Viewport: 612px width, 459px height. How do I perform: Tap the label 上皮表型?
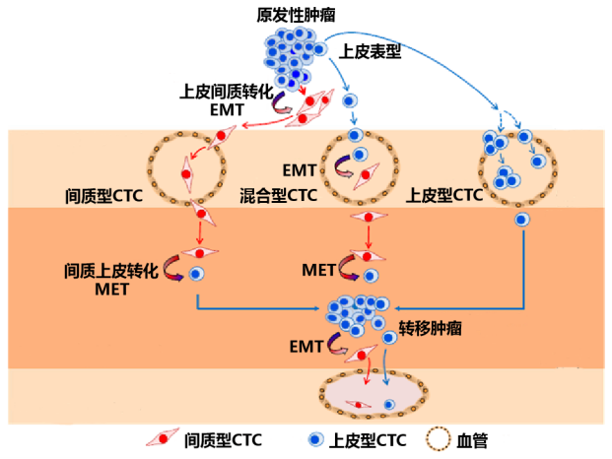370,50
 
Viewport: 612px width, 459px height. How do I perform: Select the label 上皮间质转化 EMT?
226,98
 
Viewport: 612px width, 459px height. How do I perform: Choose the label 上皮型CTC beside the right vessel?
444,195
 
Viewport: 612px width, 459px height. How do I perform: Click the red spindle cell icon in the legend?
163,439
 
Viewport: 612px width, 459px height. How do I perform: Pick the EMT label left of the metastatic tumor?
305,346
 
